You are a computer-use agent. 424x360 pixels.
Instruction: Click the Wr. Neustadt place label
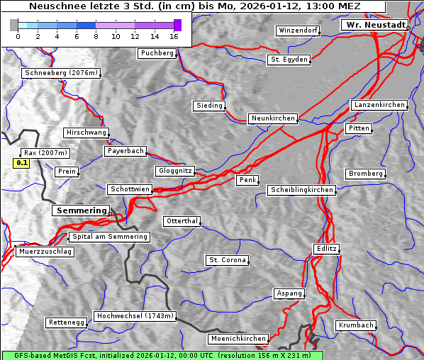(x=374, y=25)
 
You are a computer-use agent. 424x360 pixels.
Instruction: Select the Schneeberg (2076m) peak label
(x=60, y=73)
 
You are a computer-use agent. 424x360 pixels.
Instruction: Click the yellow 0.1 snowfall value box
(x=22, y=163)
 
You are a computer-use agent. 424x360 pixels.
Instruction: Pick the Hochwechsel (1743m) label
(x=135, y=316)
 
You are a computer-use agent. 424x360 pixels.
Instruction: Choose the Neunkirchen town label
(x=272, y=118)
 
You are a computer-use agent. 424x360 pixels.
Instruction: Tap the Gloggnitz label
(x=174, y=171)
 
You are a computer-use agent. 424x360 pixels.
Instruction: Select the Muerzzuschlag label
(x=45, y=252)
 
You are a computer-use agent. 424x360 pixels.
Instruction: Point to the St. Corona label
(x=228, y=260)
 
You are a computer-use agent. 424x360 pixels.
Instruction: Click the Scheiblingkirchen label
(x=301, y=190)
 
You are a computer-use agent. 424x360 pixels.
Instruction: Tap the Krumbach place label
(x=355, y=325)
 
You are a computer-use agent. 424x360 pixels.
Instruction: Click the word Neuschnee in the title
(x=53, y=6)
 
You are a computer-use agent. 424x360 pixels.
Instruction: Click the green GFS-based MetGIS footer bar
(x=162, y=355)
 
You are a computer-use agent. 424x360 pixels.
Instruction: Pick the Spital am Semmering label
(x=109, y=237)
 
